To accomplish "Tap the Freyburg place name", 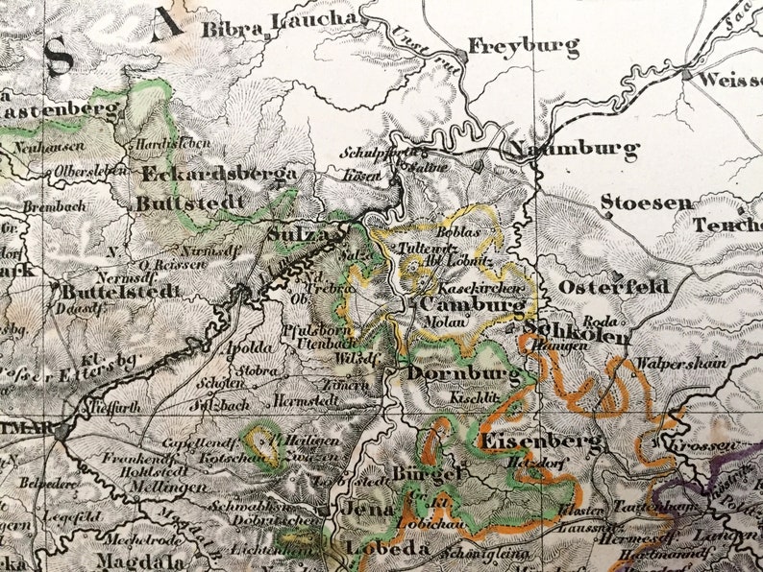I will point(524,46).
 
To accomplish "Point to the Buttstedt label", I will point(184,203).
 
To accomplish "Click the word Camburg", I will point(472,305).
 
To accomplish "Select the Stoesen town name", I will point(646,203).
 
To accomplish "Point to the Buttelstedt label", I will point(119,291).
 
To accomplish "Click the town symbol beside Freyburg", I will point(462,57).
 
